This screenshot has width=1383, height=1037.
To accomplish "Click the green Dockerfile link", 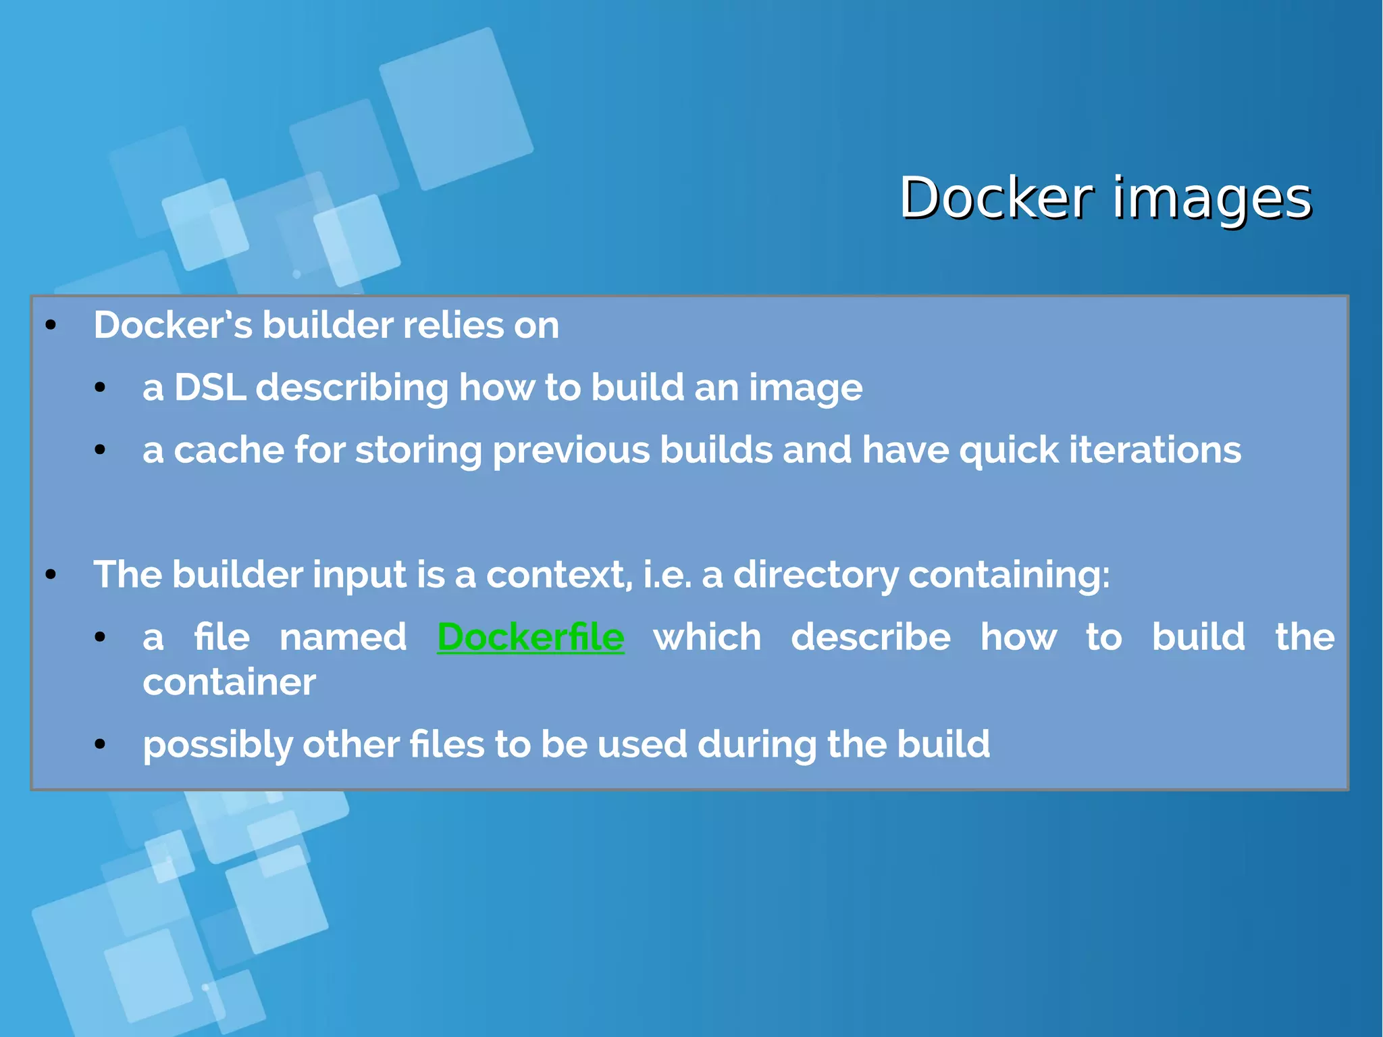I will (531, 637).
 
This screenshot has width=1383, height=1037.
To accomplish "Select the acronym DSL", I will (210, 388).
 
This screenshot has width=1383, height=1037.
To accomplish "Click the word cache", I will (229, 450).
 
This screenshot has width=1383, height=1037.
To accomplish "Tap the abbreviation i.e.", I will (667, 575).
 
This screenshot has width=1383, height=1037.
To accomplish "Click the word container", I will (229, 682).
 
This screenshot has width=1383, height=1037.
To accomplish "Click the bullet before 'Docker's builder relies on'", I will (51, 326).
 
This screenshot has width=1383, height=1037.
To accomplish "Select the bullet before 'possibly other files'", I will (100, 745).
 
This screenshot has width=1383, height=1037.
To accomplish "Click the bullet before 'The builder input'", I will (51, 576).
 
